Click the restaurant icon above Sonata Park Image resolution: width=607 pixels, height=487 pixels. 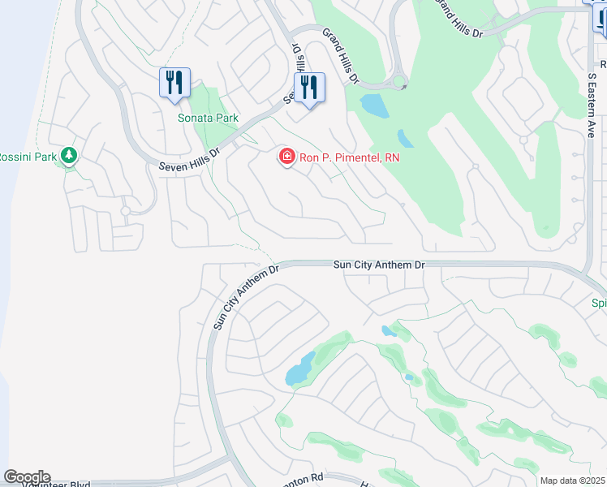[174, 83]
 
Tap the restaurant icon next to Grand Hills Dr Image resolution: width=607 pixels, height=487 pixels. [309, 87]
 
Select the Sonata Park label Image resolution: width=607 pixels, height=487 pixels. [208, 118]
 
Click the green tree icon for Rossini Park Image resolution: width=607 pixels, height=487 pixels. [69, 154]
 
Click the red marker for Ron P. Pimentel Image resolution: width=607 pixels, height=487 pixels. [286, 156]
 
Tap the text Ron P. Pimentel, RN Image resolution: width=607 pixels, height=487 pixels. [339, 157]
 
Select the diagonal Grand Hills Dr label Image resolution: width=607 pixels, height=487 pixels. [340, 56]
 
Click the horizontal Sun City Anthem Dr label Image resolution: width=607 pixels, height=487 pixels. [379, 265]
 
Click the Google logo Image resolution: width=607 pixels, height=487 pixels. [27, 477]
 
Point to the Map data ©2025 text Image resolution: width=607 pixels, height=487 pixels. [573, 481]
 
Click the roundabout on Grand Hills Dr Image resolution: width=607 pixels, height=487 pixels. [398, 83]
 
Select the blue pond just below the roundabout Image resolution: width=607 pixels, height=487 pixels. [374, 104]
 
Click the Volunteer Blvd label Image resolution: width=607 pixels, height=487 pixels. [57, 482]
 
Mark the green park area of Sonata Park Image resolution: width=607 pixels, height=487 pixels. [213, 101]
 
